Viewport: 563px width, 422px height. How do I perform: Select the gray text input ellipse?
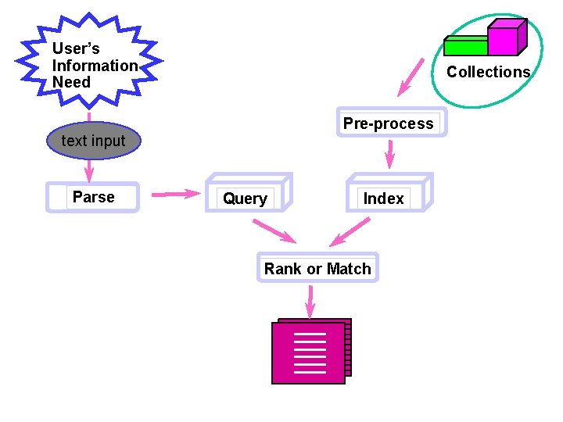[x=93, y=141]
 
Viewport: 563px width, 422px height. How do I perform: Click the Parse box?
[x=92, y=198]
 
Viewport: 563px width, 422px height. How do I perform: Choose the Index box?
[x=388, y=195]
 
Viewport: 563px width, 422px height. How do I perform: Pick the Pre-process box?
[x=391, y=123]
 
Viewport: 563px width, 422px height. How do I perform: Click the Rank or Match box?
[x=317, y=268]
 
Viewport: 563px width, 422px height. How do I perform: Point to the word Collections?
[x=488, y=72]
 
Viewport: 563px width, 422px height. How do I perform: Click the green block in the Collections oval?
[x=465, y=46]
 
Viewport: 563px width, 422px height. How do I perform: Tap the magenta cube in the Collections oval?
[x=505, y=38]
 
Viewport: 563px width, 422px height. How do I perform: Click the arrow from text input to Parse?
[x=89, y=170]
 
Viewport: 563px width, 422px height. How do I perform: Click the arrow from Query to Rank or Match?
[x=274, y=231]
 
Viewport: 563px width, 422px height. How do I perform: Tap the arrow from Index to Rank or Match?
[x=349, y=231]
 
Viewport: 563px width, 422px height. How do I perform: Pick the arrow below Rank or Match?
[x=310, y=301]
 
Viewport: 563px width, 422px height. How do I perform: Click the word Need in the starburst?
[x=71, y=83]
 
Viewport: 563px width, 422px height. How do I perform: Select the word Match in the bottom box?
[x=349, y=269]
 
